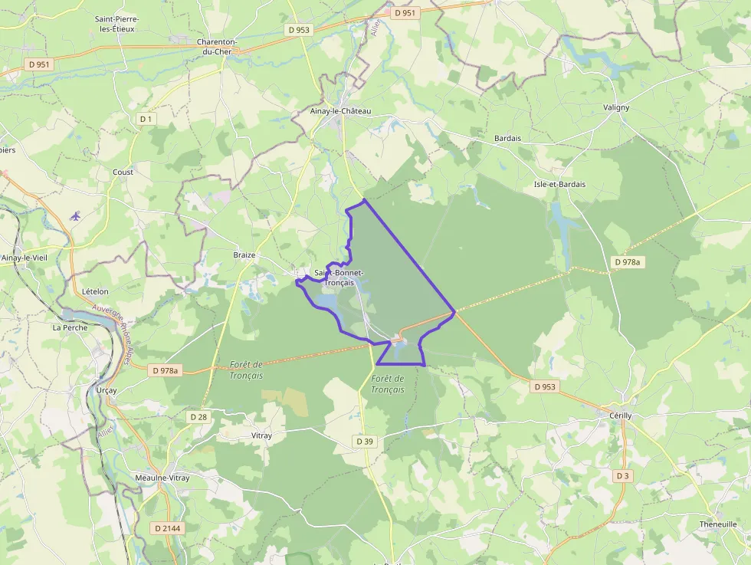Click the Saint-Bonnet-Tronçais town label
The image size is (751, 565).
[339, 278]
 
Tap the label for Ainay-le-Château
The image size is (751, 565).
[341, 111]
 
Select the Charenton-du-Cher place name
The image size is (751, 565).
[217, 46]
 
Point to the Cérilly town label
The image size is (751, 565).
[620, 416]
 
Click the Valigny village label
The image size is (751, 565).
[616, 107]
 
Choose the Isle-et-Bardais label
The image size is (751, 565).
[559, 184]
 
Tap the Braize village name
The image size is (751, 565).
[244, 255]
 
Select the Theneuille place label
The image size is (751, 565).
[718, 524]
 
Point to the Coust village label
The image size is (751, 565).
[123, 172]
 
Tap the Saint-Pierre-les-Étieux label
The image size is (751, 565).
[116, 24]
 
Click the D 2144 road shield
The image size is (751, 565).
[167, 528]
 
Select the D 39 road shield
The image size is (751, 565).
[365, 442]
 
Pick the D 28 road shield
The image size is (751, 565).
[198, 416]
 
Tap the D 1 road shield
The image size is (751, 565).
[146, 119]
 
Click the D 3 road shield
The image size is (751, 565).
[623, 476]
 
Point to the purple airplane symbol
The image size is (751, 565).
[74, 216]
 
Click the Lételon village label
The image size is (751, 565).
[95, 291]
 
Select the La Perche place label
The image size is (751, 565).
[70, 327]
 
